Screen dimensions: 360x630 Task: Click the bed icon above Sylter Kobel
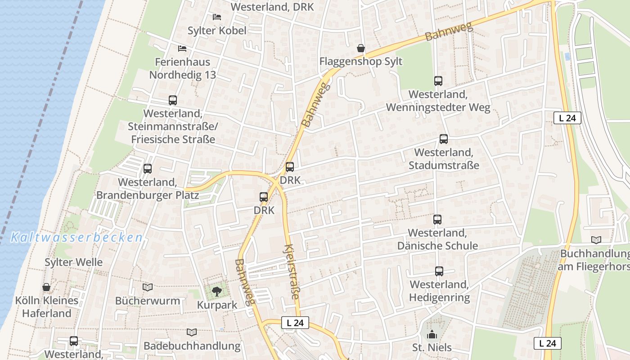[x=217, y=17]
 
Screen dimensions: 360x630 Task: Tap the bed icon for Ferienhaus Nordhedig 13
[x=182, y=48]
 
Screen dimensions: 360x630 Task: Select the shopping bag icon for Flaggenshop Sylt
[x=360, y=48]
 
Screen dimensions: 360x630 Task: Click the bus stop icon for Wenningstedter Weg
[x=438, y=81]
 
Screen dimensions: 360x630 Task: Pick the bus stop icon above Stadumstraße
[x=444, y=139]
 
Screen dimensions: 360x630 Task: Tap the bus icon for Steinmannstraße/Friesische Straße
[x=173, y=100]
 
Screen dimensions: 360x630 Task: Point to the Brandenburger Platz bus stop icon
[x=148, y=169]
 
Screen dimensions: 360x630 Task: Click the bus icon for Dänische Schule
[x=437, y=220]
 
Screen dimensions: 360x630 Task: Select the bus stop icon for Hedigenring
[x=439, y=271]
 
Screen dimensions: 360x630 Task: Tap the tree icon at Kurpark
[x=217, y=291]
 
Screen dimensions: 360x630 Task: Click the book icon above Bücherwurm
[x=148, y=287]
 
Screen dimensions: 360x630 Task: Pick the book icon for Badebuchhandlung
[x=192, y=332]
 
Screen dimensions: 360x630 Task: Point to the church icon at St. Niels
[x=432, y=334]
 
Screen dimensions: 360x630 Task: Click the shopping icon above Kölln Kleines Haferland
[x=46, y=287]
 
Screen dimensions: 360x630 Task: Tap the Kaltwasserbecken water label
[x=76, y=238]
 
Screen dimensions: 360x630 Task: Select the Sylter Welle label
[x=74, y=262]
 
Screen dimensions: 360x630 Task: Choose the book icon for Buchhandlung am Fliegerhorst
[x=596, y=240]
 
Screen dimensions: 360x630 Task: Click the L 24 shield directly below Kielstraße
[x=295, y=323]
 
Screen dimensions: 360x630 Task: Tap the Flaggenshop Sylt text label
[x=361, y=61]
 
